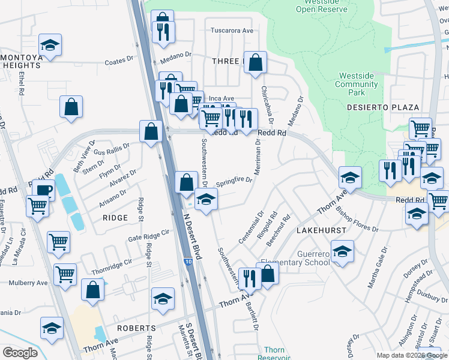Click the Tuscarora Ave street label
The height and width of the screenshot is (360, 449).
(232, 31)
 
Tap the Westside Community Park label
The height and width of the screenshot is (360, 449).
(358, 85)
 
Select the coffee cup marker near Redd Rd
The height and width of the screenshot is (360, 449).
(42, 190)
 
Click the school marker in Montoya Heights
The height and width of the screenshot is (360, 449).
(51, 46)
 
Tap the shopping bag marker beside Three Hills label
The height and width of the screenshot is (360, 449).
(255, 62)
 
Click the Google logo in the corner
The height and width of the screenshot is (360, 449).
(20, 352)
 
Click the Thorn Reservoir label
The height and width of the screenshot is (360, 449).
(274, 353)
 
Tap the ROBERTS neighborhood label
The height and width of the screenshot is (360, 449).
(136, 328)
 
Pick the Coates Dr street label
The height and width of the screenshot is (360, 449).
(119, 61)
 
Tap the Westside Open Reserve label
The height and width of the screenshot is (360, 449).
(322, 6)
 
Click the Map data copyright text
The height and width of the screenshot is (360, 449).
(411, 355)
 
